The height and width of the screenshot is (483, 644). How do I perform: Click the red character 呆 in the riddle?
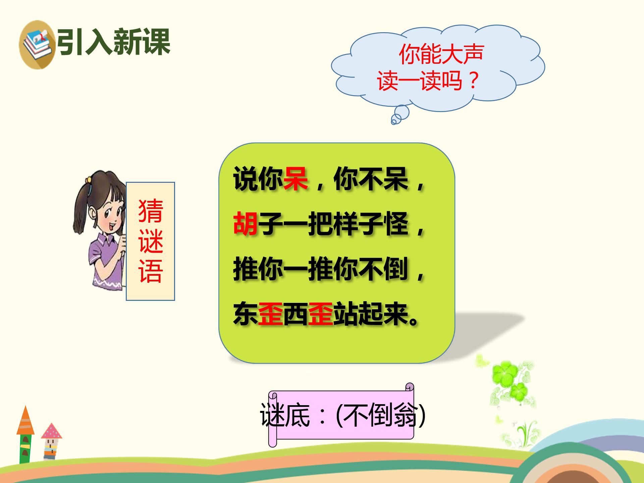(296, 179)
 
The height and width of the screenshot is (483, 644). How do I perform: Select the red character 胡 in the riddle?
(246, 224)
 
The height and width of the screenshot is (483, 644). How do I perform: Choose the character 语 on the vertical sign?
(151, 271)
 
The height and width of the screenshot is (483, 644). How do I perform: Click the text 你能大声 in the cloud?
(441, 54)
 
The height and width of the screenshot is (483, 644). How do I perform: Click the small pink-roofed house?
(51, 441)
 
